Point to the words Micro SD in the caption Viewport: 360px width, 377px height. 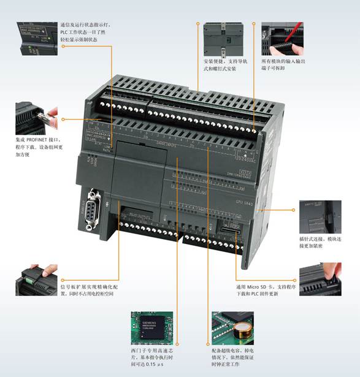click(258, 286)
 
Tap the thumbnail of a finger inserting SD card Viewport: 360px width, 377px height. click(320, 280)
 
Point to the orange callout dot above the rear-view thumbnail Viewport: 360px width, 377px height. click(198, 25)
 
